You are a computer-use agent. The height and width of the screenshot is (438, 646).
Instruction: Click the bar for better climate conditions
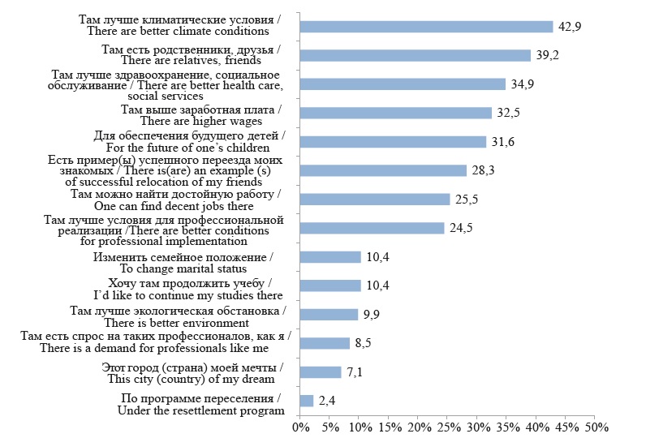426,27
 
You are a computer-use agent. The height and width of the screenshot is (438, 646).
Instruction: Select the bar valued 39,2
415,55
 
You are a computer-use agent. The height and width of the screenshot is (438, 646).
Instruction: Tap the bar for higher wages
395,113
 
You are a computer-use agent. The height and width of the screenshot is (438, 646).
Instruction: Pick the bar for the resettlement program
307,401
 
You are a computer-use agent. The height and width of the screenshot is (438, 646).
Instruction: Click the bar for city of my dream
321,372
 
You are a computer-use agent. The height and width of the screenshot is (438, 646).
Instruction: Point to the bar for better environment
329,315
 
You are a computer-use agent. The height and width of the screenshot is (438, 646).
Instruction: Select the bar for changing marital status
330,257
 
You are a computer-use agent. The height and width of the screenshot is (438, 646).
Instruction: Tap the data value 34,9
519,84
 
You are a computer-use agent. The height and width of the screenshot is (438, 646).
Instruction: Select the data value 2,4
326,401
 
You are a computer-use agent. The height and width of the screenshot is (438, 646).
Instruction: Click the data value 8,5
363,343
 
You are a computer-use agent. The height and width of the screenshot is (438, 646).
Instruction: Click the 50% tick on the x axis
596,427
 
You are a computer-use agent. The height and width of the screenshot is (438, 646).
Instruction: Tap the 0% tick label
300,427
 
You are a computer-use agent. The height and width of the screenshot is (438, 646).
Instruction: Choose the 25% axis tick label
448,427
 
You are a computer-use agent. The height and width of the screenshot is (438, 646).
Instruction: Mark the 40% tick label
536,427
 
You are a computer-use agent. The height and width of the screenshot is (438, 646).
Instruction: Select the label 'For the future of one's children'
194,148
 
